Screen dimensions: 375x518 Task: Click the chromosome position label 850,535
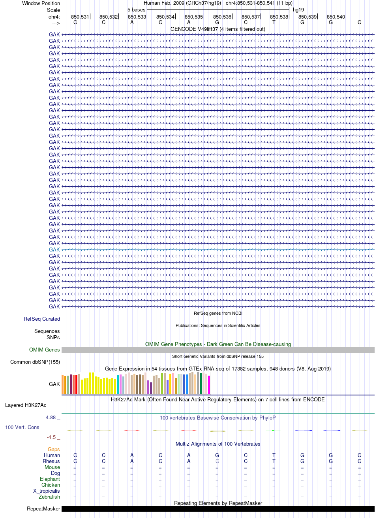click(193, 17)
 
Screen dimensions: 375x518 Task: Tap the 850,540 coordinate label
click(336, 17)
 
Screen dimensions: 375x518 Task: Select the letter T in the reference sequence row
click(274, 22)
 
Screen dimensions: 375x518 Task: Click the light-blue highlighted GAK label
click(54, 250)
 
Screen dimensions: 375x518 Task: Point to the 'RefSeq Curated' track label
click(42, 319)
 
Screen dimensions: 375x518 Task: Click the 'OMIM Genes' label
click(44, 350)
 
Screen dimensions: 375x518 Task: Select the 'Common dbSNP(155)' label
click(35, 362)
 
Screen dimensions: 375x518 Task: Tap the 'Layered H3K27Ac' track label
click(26, 405)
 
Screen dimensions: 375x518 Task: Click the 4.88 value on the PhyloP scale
click(51, 418)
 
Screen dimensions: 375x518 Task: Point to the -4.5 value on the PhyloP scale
click(51, 437)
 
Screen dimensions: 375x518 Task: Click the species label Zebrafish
click(49, 497)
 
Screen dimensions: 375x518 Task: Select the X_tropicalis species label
click(47, 491)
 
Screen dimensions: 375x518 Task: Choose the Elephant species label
click(50, 479)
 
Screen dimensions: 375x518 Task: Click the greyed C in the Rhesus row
click(217, 461)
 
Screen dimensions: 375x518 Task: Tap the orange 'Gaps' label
click(54, 449)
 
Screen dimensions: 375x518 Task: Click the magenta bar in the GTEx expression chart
click(209, 385)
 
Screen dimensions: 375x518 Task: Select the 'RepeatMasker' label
click(43, 509)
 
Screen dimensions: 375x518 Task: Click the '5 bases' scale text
click(136, 10)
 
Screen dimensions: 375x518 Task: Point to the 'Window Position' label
click(41, 3)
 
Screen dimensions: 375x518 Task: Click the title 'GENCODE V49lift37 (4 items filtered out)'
click(218, 29)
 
